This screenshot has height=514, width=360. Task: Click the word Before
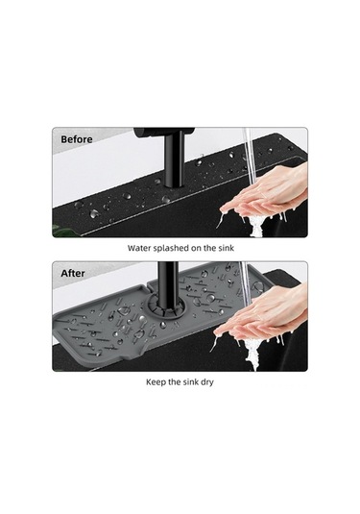point(77,139)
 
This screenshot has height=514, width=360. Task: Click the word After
point(73,273)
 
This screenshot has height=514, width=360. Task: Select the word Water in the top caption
point(134,248)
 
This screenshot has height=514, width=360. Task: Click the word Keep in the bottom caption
point(154,382)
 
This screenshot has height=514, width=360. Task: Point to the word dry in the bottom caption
point(207,382)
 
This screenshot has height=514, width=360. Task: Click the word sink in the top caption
point(226,248)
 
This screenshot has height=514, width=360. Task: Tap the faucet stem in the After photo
point(167,288)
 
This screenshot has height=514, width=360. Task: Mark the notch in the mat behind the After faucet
point(149,286)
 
